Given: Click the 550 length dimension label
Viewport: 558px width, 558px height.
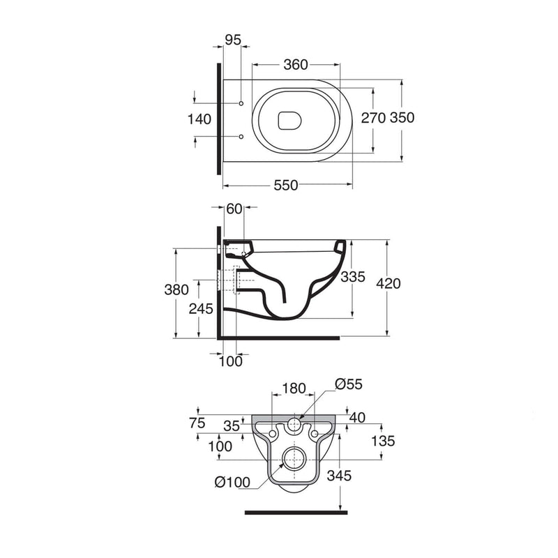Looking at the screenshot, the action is pos(286,185).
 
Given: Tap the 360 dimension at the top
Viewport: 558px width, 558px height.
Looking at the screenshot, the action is pos(295,64).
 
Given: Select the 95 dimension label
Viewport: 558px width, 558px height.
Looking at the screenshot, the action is pos(233,40).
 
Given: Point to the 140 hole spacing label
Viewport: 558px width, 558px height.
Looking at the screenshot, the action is pos(199,119).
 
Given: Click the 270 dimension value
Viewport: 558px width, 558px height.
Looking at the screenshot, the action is pos(373,118).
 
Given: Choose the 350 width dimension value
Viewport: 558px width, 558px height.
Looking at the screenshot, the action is pos(402,117).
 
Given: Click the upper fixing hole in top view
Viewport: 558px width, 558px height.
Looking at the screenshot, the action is pos(241,103).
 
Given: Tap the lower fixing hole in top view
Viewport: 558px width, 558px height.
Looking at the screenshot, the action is pos(241,137).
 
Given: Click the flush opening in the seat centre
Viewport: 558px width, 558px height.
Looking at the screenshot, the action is pos(289,121).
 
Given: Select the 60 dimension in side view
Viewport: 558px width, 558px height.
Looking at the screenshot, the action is pos(234,209).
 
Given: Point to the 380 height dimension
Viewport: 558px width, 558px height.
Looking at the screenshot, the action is pos(176,289).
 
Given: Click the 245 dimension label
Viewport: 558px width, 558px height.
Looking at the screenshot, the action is pos(201,308).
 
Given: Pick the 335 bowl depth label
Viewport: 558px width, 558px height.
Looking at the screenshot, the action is pos(353,276).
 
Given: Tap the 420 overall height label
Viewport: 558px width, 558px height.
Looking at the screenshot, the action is pos(389,283).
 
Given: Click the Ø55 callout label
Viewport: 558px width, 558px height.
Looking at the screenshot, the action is pos(349,384).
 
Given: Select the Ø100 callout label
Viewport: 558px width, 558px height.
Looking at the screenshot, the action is pos(233,482).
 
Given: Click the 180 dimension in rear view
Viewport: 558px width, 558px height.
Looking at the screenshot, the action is pos(294,389).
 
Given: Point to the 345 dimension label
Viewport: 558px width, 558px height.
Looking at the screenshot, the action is pos(339,476).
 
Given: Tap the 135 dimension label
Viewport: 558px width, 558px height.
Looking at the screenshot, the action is pos(383,441).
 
